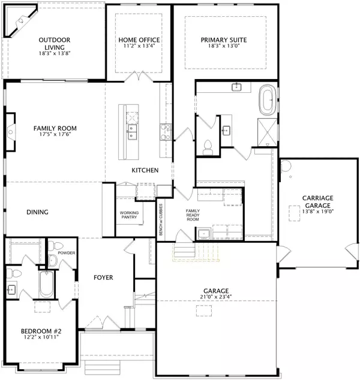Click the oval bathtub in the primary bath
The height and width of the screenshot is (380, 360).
[x=267, y=99]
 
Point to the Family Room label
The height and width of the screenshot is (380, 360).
[x=55, y=128]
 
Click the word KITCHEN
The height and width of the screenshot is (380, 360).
[x=145, y=171]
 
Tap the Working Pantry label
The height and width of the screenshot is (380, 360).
[x=130, y=216]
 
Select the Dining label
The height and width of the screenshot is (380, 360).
[x=37, y=212]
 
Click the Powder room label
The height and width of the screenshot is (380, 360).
[x=67, y=253]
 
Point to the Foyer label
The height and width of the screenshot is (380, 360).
[x=104, y=278]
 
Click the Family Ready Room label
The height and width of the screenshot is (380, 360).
[x=192, y=215]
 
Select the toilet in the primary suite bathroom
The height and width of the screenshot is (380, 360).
[x=208, y=146]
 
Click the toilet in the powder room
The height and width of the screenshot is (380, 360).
[x=53, y=247]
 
